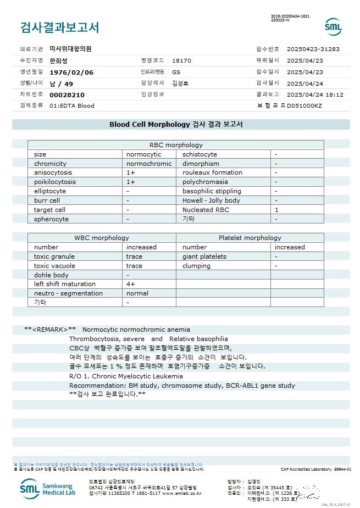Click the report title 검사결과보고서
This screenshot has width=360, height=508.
click(59, 27)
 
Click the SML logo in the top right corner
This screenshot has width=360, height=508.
click(333, 26)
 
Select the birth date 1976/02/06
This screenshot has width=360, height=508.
click(71, 72)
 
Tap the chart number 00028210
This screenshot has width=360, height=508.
click(67, 94)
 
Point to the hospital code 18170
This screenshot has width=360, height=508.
click(181, 61)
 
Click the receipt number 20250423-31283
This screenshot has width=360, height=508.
click(313, 49)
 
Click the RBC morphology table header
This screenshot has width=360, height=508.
click(176, 145)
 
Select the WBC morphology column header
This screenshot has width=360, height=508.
click(102, 238)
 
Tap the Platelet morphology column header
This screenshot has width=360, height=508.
click(250, 238)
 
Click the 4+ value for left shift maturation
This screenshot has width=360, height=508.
click(131, 284)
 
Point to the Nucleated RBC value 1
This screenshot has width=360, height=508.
click(277, 210)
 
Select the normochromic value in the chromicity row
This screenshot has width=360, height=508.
click(149, 164)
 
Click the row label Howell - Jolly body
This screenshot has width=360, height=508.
click(211, 200)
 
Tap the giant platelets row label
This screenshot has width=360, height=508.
click(204, 256)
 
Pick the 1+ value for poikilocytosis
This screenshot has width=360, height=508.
click(131, 182)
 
